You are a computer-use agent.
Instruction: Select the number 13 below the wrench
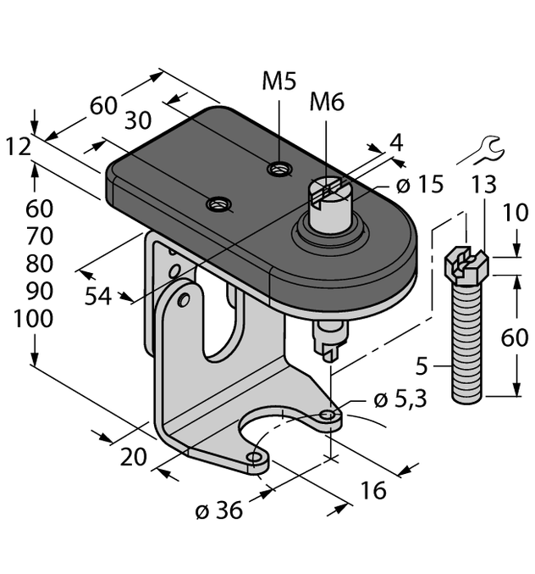click(483, 186)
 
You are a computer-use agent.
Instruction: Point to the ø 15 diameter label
click(420, 184)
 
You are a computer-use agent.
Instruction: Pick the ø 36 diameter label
click(218, 510)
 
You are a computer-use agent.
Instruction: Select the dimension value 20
click(133, 457)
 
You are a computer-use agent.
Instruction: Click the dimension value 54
click(100, 297)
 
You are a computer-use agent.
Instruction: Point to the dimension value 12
click(17, 148)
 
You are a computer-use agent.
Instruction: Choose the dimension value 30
click(143, 121)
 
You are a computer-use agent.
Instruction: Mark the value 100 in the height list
click(34, 319)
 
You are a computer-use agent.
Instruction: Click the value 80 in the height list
click(34, 263)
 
